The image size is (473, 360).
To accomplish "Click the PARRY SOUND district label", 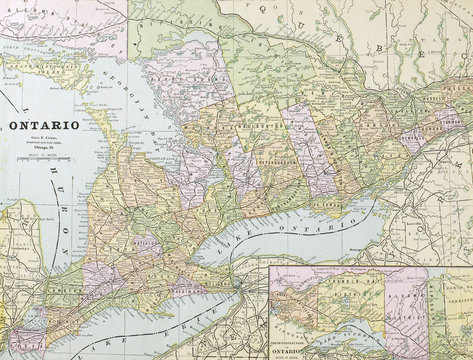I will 180,75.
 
